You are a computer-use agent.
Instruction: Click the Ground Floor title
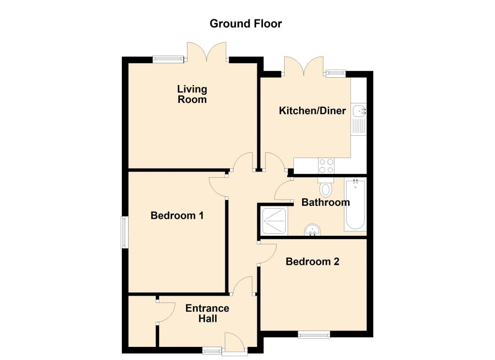coord(246,24)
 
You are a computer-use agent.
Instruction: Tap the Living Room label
coord(192,94)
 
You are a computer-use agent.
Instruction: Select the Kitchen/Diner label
coord(312,111)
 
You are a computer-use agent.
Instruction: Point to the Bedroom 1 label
coord(177,216)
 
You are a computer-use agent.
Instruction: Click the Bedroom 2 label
coord(312,262)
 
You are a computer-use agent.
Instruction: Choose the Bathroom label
coord(325,202)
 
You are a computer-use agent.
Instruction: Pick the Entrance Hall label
coord(207,314)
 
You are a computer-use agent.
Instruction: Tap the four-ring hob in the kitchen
coord(326,166)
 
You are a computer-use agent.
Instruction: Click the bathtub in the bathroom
coord(355,205)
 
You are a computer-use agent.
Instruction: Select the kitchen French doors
coord(304,67)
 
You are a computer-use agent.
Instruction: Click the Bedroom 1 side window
coord(124,232)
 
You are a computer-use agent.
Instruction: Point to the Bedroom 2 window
coord(314,333)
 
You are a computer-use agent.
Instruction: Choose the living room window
coord(169,59)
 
